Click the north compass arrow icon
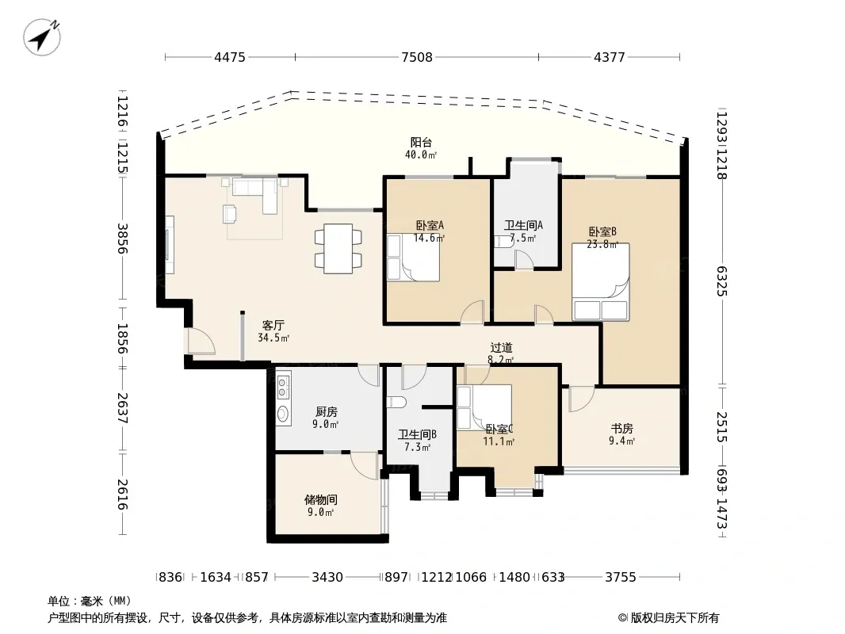[x=42, y=36]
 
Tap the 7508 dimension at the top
[x=417, y=57]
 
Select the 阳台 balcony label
[x=421, y=142]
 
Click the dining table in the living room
[x=338, y=248]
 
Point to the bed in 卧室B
[x=600, y=281]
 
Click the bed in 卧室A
[x=413, y=258]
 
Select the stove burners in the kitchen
[x=283, y=386]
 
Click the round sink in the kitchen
[x=283, y=413]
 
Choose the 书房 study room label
[x=621, y=428]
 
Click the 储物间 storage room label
[x=321, y=499]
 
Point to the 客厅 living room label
[x=273, y=326]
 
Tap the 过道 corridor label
[x=501, y=348]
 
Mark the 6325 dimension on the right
[x=722, y=281]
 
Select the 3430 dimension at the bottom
[x=327, y=577]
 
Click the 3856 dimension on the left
[x=123, y=238]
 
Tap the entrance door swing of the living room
[x=201, y=342]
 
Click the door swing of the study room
[x=581, y=399]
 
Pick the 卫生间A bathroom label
[x=523, y=225]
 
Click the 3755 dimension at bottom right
[x=621, y=577]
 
